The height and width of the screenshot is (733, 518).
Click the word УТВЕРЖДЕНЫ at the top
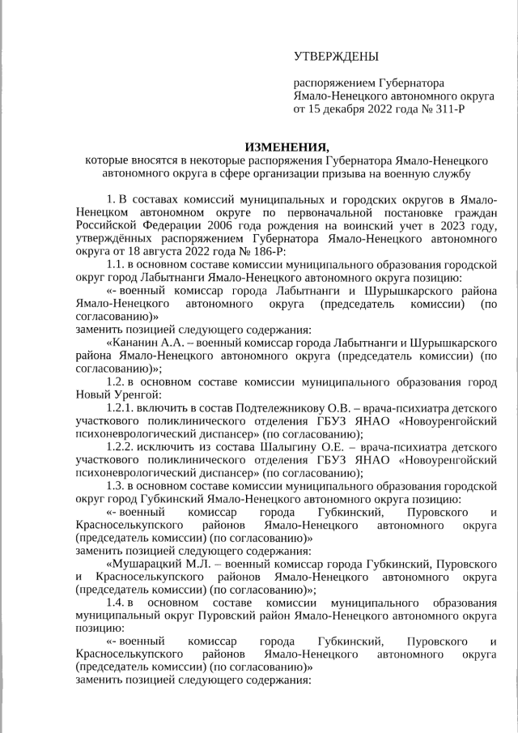point(335,56)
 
